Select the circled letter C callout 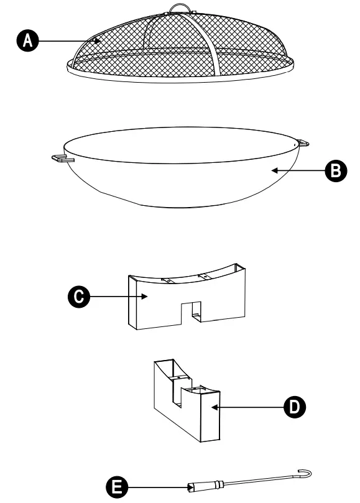pos(77,297)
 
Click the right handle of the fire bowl pos(303,144)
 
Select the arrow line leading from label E pos(155,487)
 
